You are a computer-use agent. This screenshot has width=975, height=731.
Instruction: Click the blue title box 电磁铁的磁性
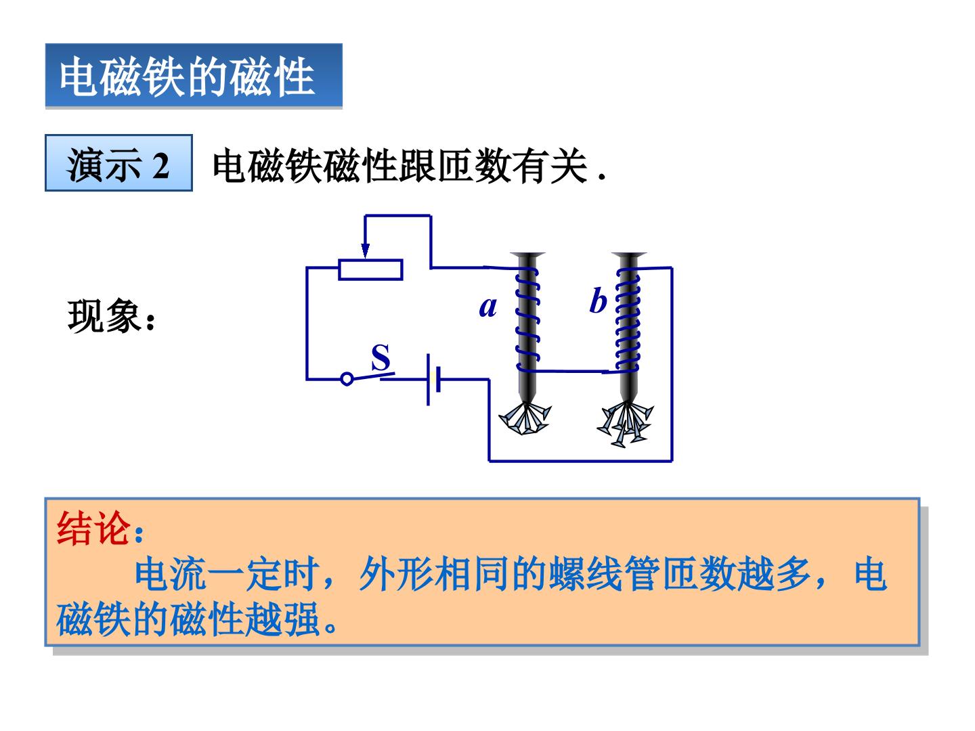coord(194,75)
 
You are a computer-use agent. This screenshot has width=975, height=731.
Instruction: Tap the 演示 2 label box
coord(118,163)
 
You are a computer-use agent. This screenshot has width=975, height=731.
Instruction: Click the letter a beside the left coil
coord(487,307)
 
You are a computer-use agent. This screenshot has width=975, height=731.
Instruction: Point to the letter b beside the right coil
coord(598,301)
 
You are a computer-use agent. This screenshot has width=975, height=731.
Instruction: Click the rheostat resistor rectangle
coord(370,270)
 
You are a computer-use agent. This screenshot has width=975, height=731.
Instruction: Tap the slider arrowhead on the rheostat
coord(365,250)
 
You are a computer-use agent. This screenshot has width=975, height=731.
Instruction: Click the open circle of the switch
coord(347,379)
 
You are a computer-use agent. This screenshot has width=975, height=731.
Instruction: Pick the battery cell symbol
coord(433,380)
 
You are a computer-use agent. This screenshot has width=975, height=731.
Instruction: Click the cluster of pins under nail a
coord(525,418)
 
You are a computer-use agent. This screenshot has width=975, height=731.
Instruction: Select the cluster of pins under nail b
coord(624,424)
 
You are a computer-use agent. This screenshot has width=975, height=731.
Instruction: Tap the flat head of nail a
coord(527,254)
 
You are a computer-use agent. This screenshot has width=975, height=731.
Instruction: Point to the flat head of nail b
coord(629,254)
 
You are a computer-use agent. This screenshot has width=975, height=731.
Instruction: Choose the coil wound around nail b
coord(628,319)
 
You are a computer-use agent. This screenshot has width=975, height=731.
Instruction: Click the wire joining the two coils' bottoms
coord(573,371)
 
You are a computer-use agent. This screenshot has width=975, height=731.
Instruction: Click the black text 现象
coord(104,316)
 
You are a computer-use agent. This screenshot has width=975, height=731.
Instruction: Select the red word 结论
coord(93,528)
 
